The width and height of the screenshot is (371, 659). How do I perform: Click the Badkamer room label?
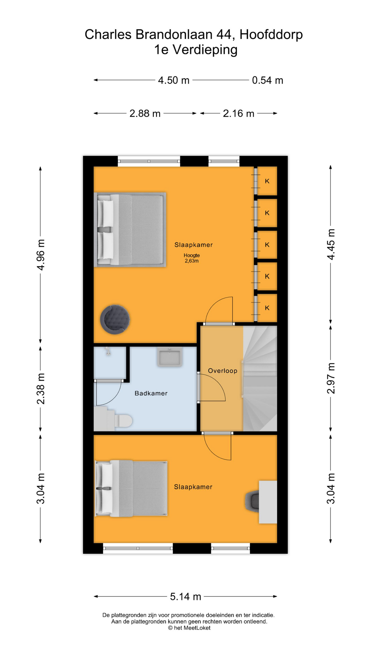pyautogui.click(x=151, y=393)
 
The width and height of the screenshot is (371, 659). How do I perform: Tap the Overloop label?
pyautogui.click(x=223, y=371)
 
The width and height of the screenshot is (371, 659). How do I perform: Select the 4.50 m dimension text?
pyautogui.click(x=173, y=80)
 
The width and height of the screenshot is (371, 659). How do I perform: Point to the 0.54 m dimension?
pyautogui.click(x=268, y=80)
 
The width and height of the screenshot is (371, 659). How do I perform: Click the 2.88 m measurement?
pyautogui.click(x=145, y=113)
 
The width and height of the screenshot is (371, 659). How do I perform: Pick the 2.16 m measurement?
pyautogui.click(x=238, y=113)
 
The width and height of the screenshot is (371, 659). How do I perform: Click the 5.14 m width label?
pyautogui.click(x=185, y=597)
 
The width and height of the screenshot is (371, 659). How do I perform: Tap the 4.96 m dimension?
pyautogui.click(x=41, y=255)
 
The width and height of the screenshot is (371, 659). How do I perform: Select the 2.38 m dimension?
pyautogui.click(x=41, y=389)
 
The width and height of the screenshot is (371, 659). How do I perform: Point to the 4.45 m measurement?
pyautogui.click(x=330, y=244)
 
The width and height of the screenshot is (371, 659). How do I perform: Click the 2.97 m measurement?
pyautogui.click(x=330, y=378)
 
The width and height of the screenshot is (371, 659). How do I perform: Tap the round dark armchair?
pyautogui.click(x=115, y=319)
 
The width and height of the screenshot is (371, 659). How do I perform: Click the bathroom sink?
pyautogui.click(x=170, y=357)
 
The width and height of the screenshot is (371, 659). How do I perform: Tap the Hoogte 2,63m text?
pyautogui.click(x=192, y=258)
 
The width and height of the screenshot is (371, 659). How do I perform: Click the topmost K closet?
pyautogui.click(x=267, y=181)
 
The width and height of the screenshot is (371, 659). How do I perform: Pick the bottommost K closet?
pyautogui.click(x=267, y=308)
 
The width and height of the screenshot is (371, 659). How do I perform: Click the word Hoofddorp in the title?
pyautogui.click(x=271, y=35)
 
